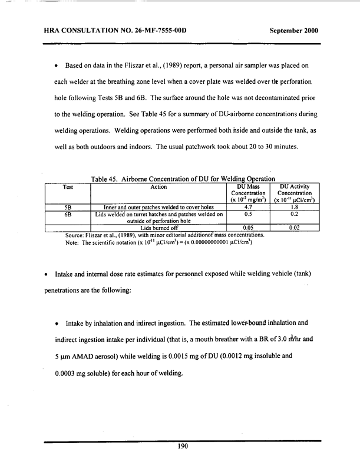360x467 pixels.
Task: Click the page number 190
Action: pos(182,446)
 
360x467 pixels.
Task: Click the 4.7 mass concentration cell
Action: pos(248,208)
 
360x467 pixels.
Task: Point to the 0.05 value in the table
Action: pos(248,226)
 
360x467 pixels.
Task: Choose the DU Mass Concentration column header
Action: pos(248,195)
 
